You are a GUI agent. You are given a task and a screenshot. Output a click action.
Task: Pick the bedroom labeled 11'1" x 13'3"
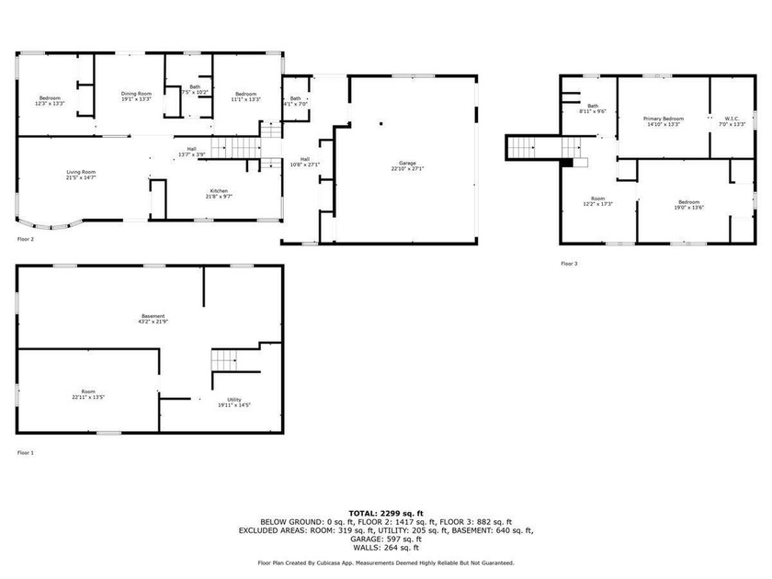pyautogui.click(x=245, y=96)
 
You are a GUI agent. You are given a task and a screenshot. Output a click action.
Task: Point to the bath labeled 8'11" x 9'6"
pyautogui.click(x=593, y=108)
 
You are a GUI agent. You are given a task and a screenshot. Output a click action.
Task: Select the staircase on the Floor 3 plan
pyautogui.click(x=533, y=146)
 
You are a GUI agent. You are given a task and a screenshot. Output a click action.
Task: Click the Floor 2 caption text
pyautogui.click(x=26, y=239)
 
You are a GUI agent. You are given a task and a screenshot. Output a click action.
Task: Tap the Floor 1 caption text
pyautogui.click(x=26, y=452)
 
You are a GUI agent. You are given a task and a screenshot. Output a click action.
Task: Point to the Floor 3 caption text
pyautogui.click(x=570, y=264)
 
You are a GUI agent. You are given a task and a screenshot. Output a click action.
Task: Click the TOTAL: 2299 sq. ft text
pyautogui.click(x=385, y=512)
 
